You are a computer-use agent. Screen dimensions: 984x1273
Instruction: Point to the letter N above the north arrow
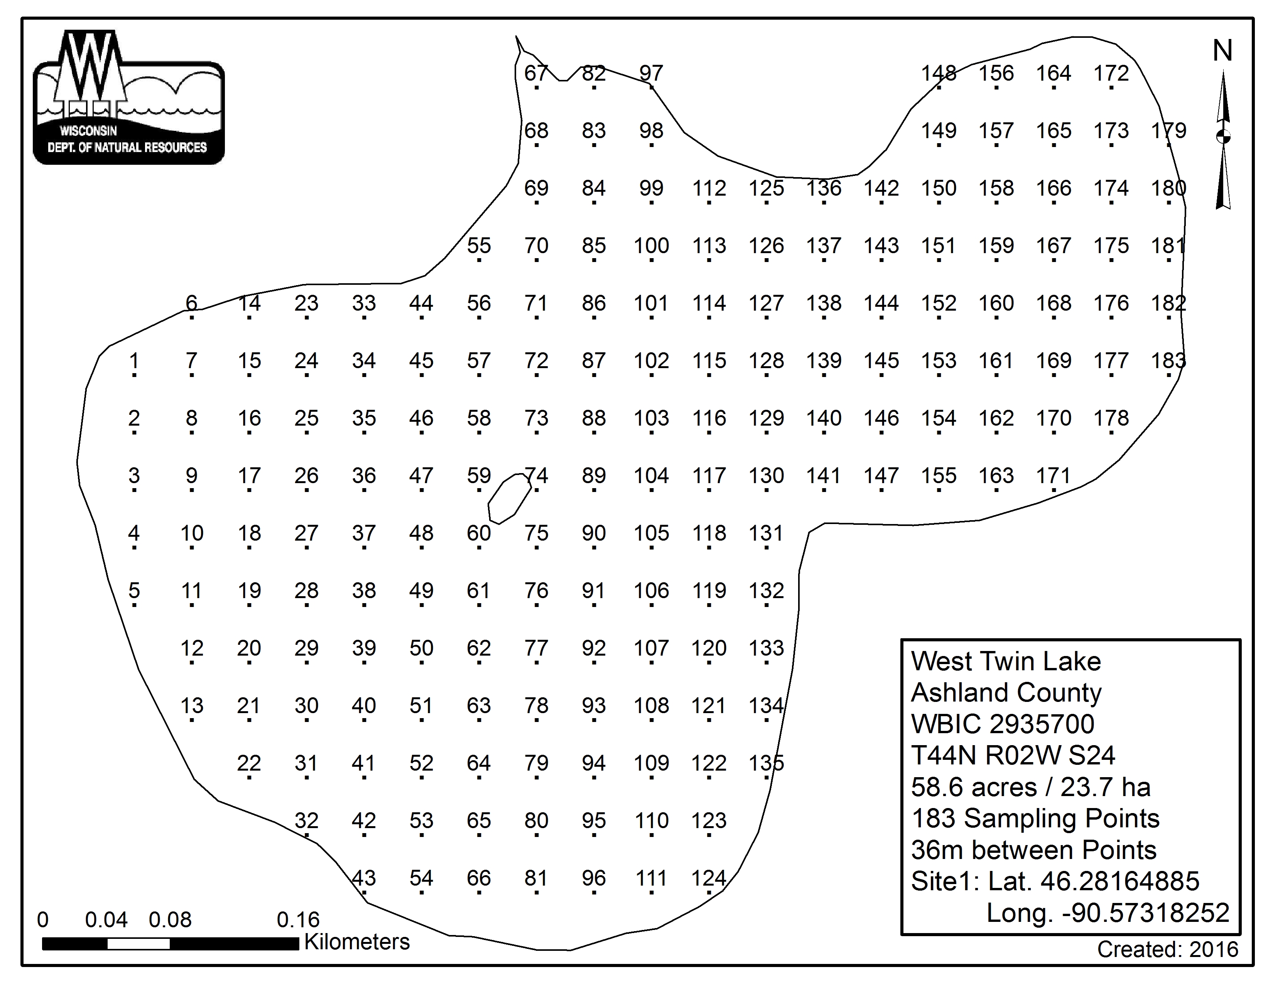(x=1222, y=51)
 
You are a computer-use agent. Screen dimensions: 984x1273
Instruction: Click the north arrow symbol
(x=1223, y=140)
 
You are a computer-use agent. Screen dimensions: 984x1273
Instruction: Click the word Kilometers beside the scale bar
(x=357, y=942)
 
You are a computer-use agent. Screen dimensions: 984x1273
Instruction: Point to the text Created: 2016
(x=1167, y=950)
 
